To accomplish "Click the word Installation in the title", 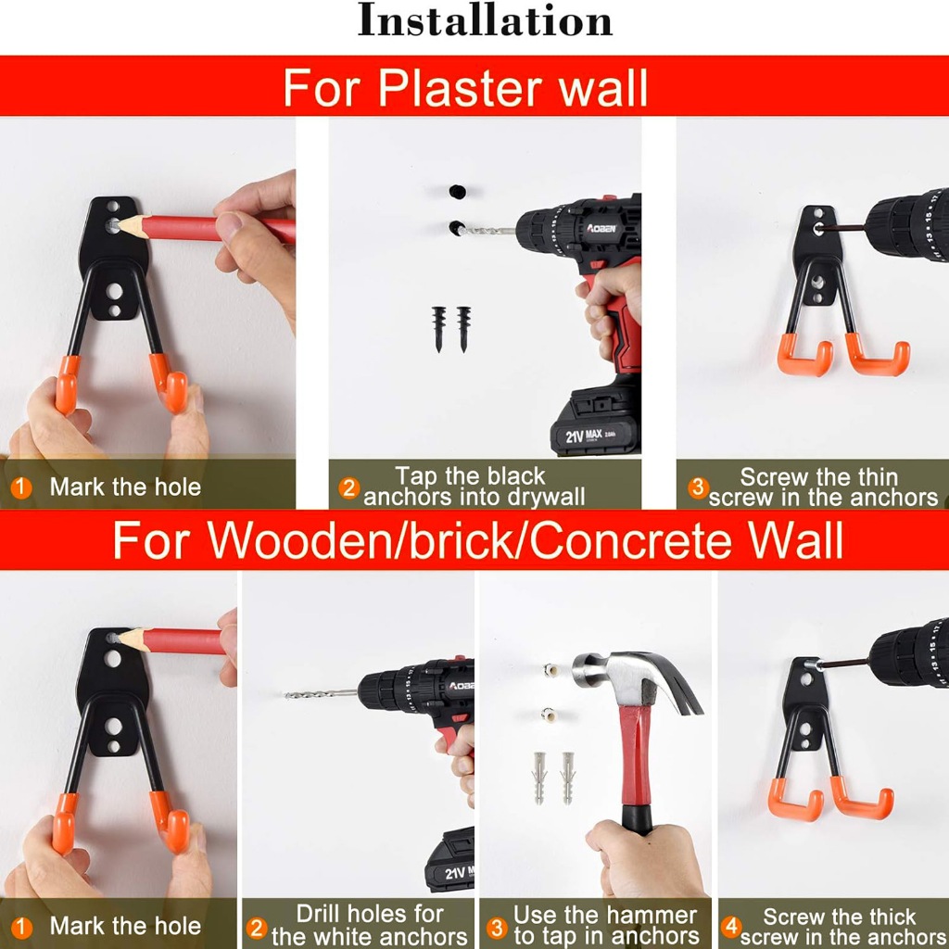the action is click(485, 20).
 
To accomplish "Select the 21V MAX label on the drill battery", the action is click(584, 436).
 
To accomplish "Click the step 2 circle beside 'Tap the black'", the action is click(348, 487).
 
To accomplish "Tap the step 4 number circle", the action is click(731, 926).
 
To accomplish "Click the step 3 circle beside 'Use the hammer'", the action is click(497, 928).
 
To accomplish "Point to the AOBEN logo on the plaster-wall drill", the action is click(601, 228).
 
